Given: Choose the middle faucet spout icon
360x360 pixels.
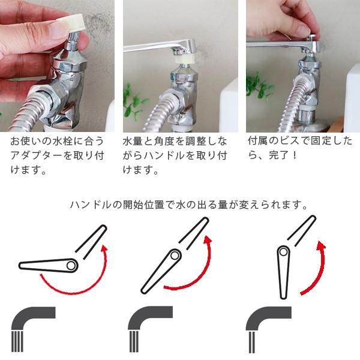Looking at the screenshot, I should click(x=148, y=327).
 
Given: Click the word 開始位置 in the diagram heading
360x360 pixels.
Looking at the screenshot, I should click(x=139, y=205).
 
